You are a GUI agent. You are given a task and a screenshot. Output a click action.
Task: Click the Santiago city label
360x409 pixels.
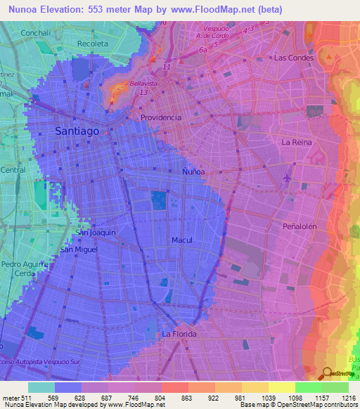click(x=82, y=130)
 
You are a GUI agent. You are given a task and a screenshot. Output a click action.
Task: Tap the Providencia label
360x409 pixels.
click(x=161, y=117)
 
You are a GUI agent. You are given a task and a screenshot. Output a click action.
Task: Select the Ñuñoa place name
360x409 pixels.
click(x=194, y=171)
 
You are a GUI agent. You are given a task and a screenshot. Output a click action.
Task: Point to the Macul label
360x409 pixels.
click(x=181, y=240)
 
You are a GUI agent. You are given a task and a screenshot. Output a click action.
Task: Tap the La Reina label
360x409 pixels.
click(x=295, y=142)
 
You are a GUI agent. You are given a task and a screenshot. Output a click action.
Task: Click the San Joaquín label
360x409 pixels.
click(x=95, y=232)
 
